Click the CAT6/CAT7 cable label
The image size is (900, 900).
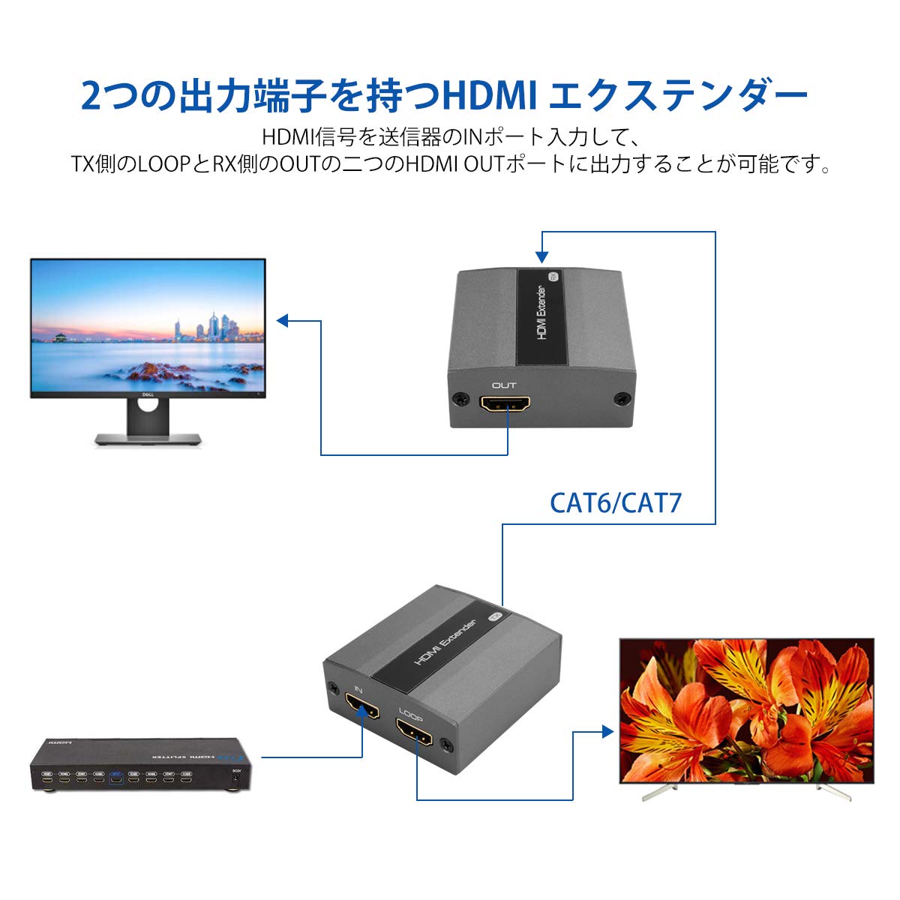pos(616,502)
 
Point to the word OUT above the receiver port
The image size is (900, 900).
pos(504,385)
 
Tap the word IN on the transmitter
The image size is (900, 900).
pos(358,688)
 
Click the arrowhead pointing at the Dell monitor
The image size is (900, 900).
pos(282,321)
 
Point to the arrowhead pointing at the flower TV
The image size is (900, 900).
pos(608,731)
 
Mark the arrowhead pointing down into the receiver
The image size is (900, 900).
pos(541,257)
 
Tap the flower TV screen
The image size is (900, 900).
pos(746,709)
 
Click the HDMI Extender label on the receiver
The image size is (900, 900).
pos(541,313)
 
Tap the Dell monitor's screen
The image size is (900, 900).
pos(148,327)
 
